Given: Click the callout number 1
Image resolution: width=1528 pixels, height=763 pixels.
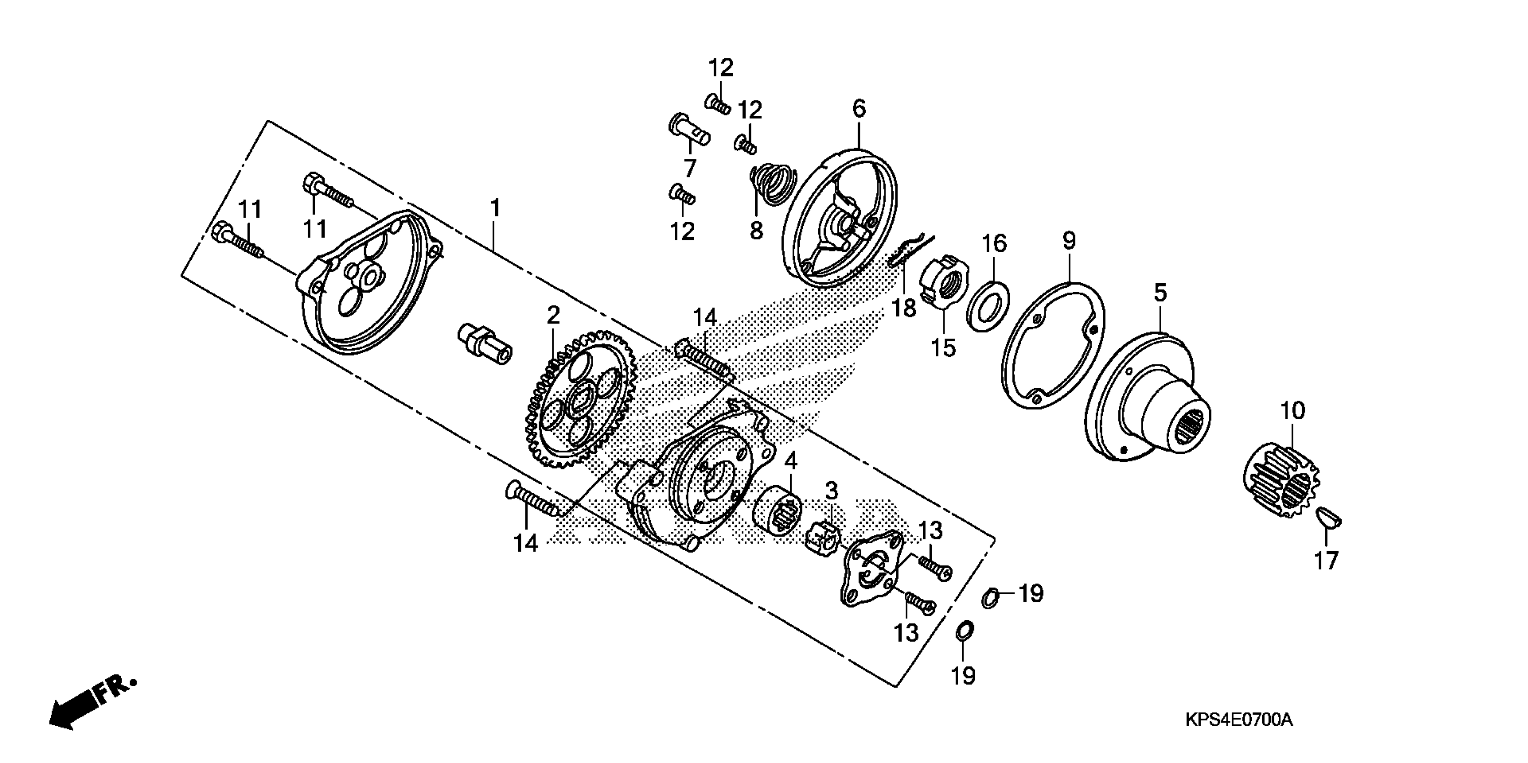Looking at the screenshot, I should point(495,209).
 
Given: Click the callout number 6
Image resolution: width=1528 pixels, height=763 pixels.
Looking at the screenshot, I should point(859,109).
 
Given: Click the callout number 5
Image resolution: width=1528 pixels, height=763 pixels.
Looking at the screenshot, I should point(1160,293).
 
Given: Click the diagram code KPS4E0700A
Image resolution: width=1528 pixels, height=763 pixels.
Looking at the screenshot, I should point(1238,720).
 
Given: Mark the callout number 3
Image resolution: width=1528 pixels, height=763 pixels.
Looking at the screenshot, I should point(832,491).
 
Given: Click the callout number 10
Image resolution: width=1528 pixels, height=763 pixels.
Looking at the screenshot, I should point(1293,410).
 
